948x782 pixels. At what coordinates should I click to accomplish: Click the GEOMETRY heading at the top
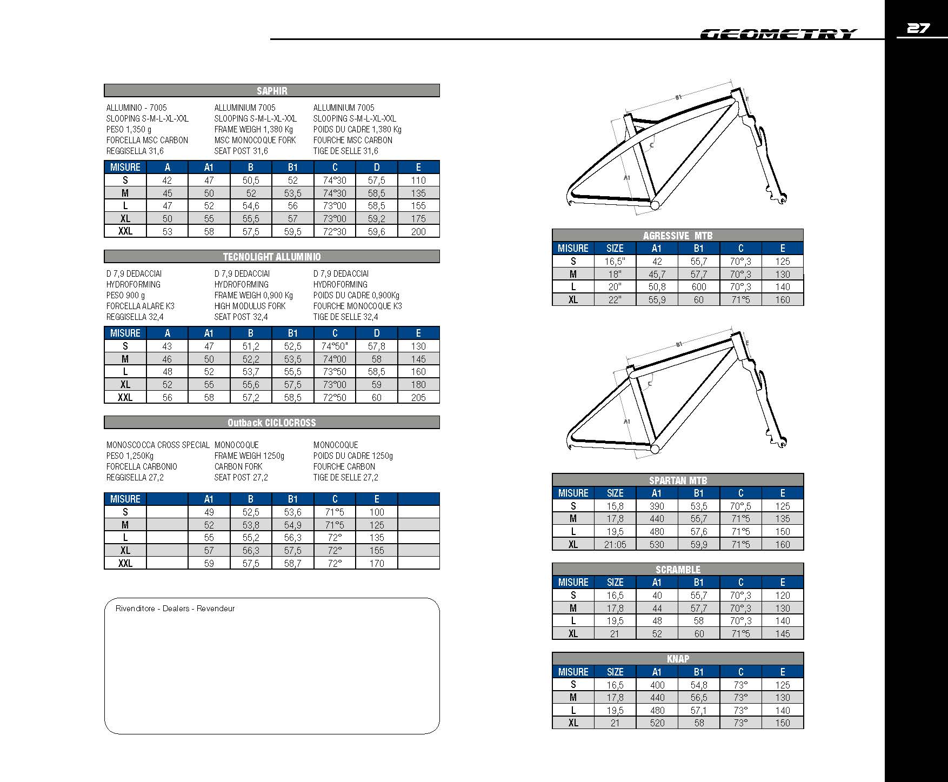(x=778, y=34)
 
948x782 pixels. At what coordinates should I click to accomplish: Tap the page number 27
(x=918, y=28)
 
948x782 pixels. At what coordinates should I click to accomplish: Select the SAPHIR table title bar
(x=272, y=91)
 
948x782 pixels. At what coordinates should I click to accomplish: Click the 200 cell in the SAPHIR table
(x=418, y=231)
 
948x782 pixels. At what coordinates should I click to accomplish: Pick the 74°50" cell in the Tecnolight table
(x=335, y=346)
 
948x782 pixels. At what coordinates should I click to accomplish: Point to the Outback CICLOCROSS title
(x=272, y=423)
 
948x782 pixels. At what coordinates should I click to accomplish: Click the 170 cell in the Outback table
(x=377, y=563)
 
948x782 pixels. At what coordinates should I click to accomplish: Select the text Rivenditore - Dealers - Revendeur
(x=175, y=609)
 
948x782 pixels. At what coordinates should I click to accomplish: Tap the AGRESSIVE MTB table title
(x=678, y=236)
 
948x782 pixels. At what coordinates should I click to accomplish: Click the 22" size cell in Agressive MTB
(x=615, y=299)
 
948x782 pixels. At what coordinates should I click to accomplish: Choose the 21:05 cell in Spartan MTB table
(x=615, y=544)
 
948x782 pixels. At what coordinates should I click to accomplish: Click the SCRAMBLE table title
(x=678, y=570)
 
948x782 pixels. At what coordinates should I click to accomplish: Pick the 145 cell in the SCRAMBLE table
(x=783, y=633)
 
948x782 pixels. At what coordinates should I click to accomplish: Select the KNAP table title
(x=678, y=659)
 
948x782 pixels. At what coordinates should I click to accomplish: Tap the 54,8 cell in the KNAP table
(x=699, y=685)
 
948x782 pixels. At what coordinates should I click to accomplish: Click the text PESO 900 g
(x=125, y=295)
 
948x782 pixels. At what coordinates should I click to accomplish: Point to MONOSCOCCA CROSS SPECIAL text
(x=158, y=445)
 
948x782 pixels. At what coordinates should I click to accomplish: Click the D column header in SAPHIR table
(x=377, y=167)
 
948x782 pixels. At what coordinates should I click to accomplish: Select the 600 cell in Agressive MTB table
(x=699, y=287)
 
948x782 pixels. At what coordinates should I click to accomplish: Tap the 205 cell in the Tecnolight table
(x=418, y=397)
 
